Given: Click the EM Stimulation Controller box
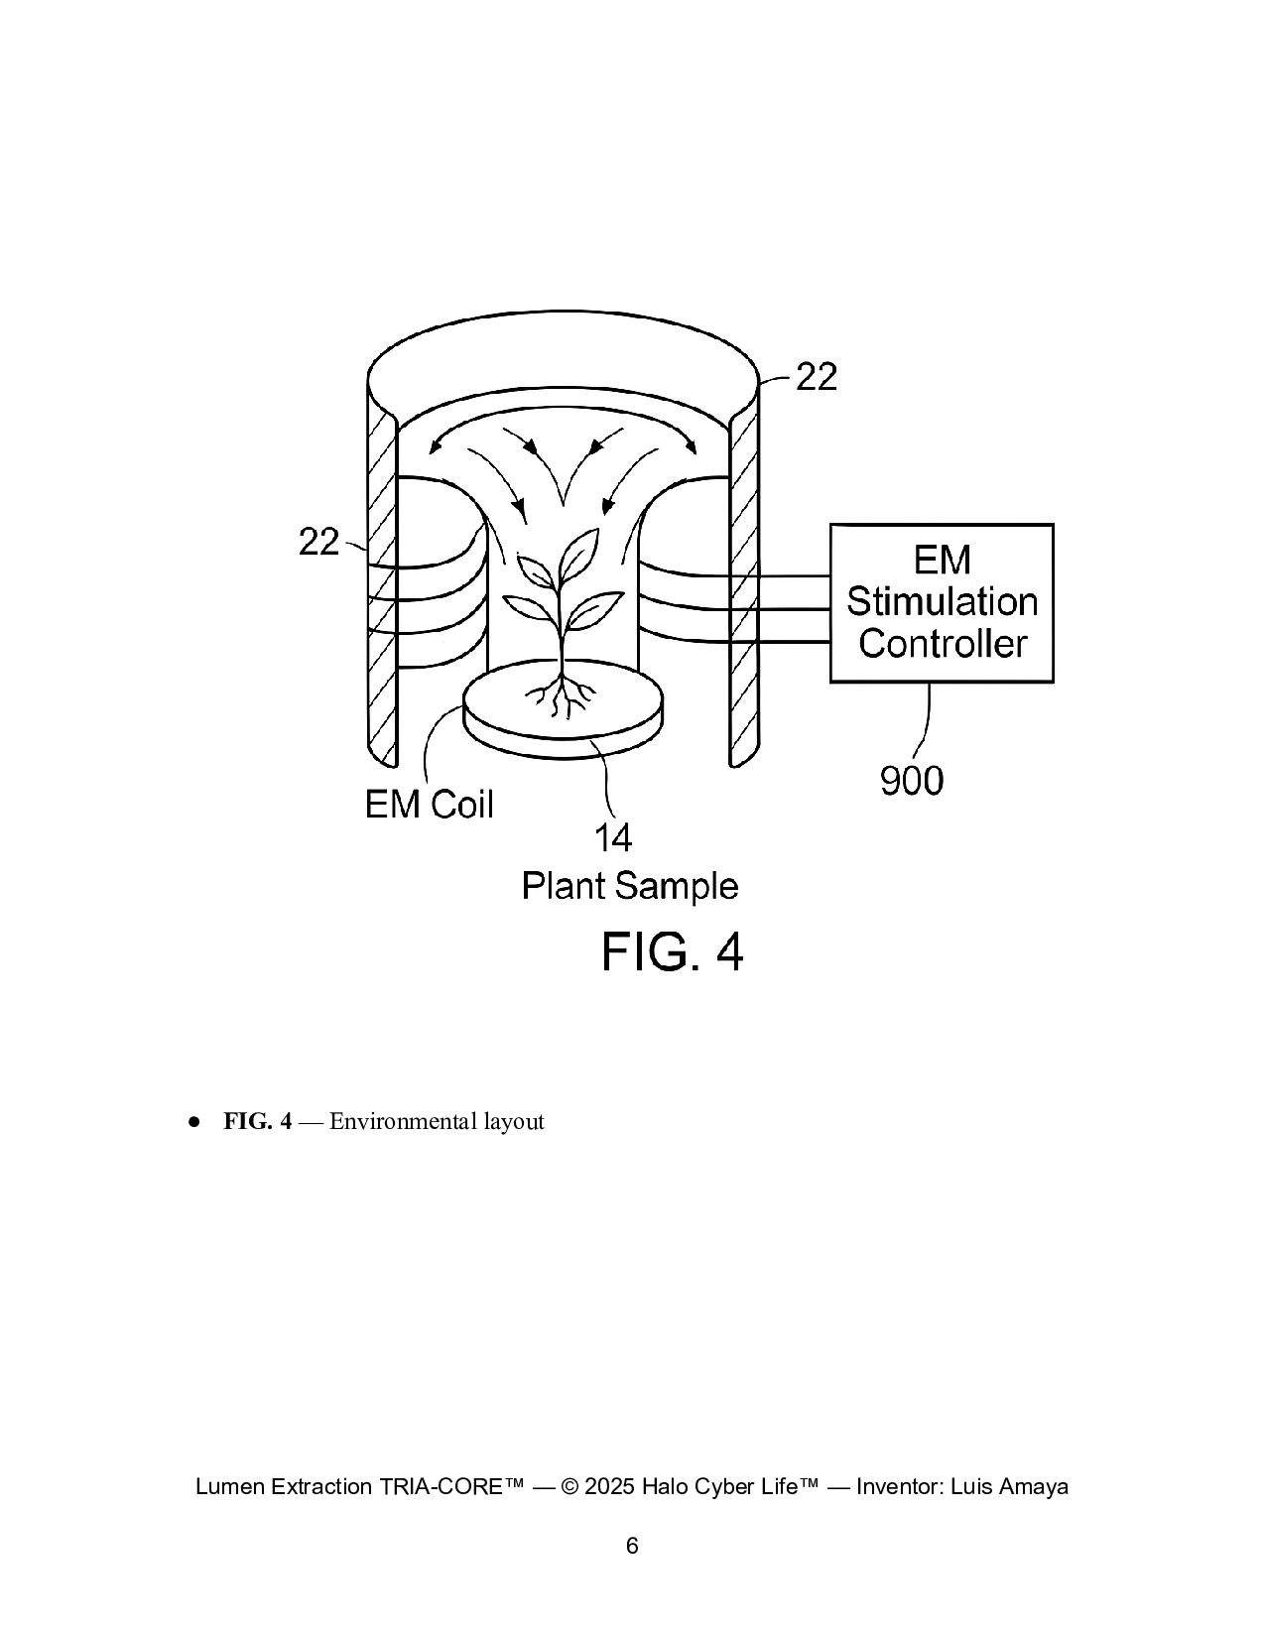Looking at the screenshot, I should pyautogui.click(x=941, y=602).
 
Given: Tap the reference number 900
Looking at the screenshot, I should pyautogui.click(x=912, y=782).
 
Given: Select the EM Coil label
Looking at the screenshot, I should pyautogui.click(x=429, y=804).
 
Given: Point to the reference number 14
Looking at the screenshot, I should pyautogui.click(x=612, y=838).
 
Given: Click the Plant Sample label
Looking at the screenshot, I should pyautogui.click(x=630, y=885).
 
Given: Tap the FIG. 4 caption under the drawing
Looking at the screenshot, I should pyautogui.click(x=672, y=952).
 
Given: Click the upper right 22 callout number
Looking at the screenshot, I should pyautogui.click(x=817, y=377).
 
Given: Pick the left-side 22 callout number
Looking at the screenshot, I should pyautogui.click(x=318, y=542).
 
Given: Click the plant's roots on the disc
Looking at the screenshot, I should pyautogui.click(x=563, y=696).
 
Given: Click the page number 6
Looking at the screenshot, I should pyautogui.click(x=632, y=1545).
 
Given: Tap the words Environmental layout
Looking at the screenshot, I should pyautogui.click(x=437, y=1121).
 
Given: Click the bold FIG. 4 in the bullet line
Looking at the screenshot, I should pyautogui.click(x=257, y=1121).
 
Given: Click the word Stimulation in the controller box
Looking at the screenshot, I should pyautogui.click(x=942, y=602).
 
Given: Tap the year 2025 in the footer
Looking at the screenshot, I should pyautogui.click(x=609, y=1486).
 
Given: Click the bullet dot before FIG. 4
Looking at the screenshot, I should pyautogui.click(x=194, y=1121).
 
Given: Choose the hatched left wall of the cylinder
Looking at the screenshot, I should pyautogui.click(x=382, y=595).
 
